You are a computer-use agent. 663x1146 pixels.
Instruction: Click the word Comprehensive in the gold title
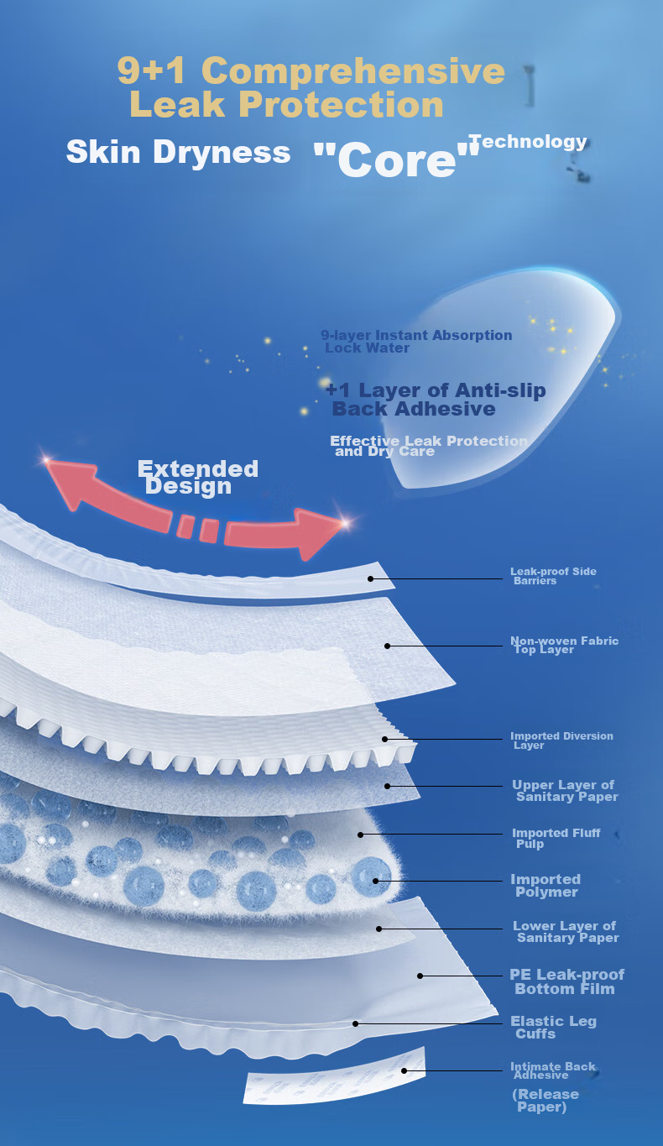point(353,71)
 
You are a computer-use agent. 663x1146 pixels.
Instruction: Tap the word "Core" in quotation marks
point(396,160)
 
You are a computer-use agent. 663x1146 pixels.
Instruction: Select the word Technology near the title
point(528,142)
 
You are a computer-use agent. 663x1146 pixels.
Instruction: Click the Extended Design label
point(197,478)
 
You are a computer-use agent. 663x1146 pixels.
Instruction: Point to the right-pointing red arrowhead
point(321,533)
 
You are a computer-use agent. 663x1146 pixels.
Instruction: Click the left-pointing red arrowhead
point(70,483)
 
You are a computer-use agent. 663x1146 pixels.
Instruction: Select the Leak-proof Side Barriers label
point(553,576)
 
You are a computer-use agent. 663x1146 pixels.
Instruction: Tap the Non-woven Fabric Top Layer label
point(564,645)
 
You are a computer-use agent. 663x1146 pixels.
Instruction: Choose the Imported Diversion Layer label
point(561,740)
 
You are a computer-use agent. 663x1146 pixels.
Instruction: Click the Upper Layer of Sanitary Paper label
point(565,790)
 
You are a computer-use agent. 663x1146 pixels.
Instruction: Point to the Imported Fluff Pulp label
point(556,838)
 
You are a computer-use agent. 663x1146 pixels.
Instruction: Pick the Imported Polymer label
point(546,885)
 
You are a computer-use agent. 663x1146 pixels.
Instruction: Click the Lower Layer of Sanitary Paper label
point(566,932)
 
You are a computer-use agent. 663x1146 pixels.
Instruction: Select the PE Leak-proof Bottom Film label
point(566,981)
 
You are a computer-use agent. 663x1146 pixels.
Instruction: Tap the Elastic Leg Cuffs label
point(554,1028)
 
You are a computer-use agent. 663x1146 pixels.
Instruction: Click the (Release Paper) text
point(546,1100)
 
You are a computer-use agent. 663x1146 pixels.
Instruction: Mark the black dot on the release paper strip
point(405,1070)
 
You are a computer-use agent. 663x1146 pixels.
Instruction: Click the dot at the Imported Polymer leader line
point(375,881)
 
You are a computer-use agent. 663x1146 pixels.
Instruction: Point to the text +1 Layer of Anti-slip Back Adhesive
point(436,400)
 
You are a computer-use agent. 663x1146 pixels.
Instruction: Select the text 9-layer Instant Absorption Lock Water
point(416,341)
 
